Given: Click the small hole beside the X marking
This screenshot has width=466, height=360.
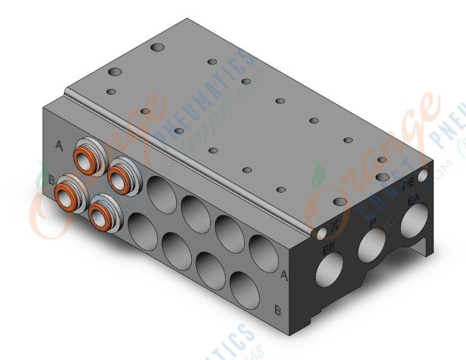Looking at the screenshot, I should [x=322, y=233].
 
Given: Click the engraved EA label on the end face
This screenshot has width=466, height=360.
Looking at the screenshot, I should [x=413, y=200].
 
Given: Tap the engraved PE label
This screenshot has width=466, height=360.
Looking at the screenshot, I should [x=409, y=183].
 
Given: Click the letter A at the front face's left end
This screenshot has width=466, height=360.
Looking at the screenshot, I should [x=60, y=146].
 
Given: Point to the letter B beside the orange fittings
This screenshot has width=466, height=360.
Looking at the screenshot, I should [x=51, y=180].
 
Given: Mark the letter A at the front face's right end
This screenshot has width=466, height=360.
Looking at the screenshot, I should [x=284, y=274].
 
